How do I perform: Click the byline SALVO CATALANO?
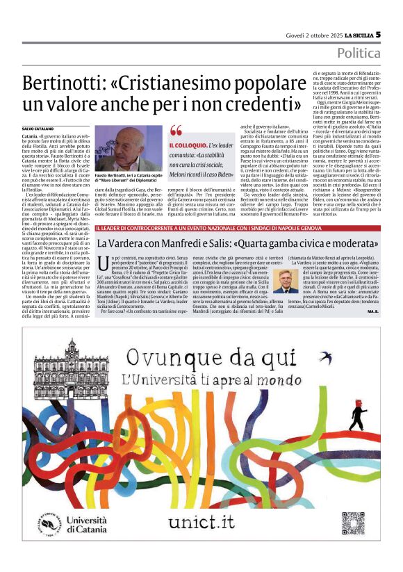(x=36, y=129)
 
